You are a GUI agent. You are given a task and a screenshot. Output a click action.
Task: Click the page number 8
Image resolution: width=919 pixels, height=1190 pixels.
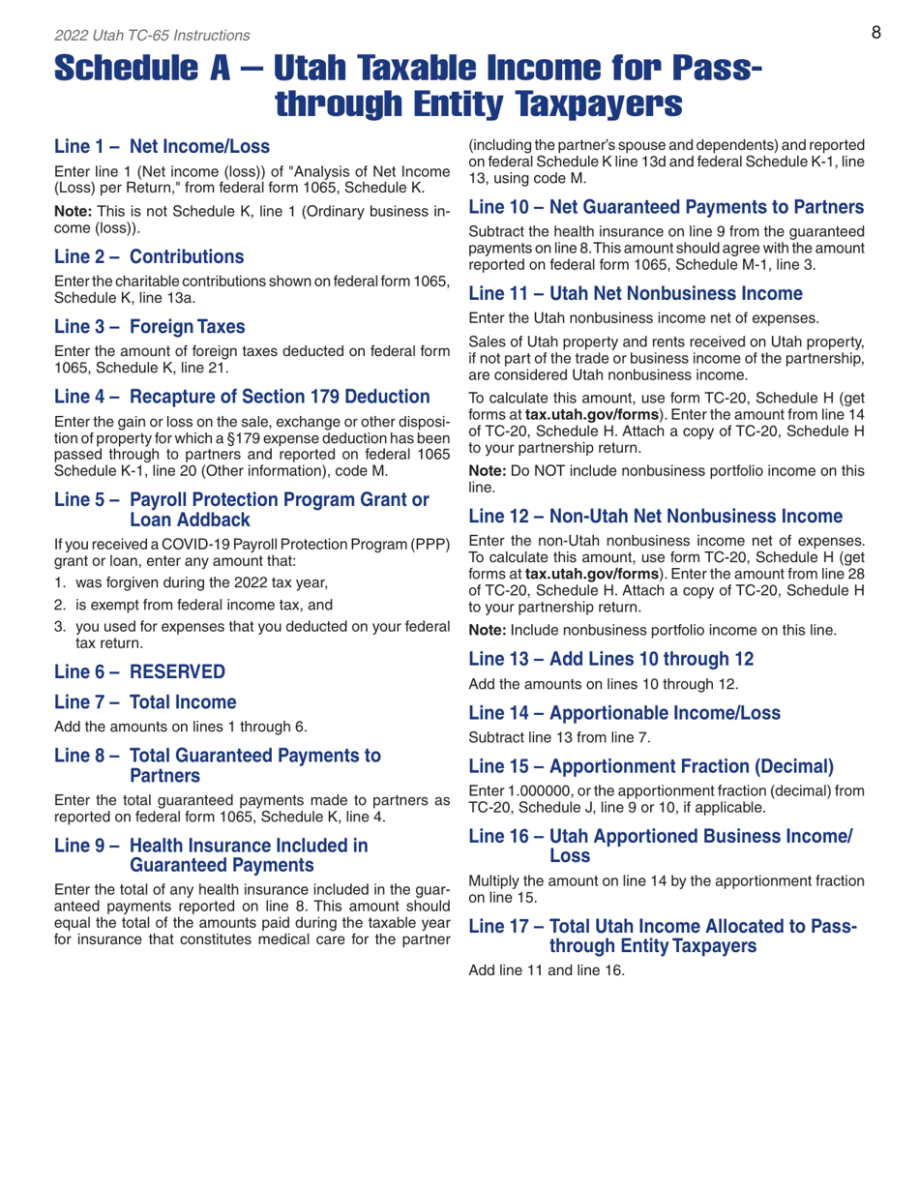click(x=875, y=34)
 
